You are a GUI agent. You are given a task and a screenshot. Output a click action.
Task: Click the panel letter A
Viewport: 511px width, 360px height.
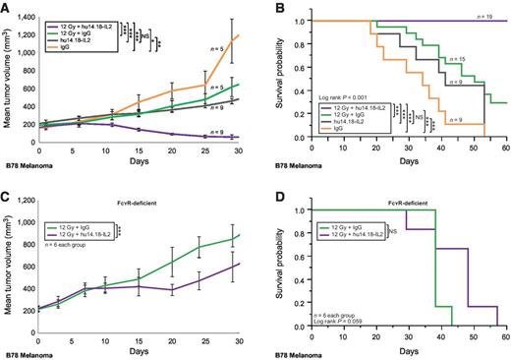click(7, 7)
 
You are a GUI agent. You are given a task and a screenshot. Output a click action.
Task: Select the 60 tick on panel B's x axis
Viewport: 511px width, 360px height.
click(505, 146)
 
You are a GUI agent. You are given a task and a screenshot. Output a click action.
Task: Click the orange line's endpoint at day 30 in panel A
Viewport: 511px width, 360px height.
click(239, 35)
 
